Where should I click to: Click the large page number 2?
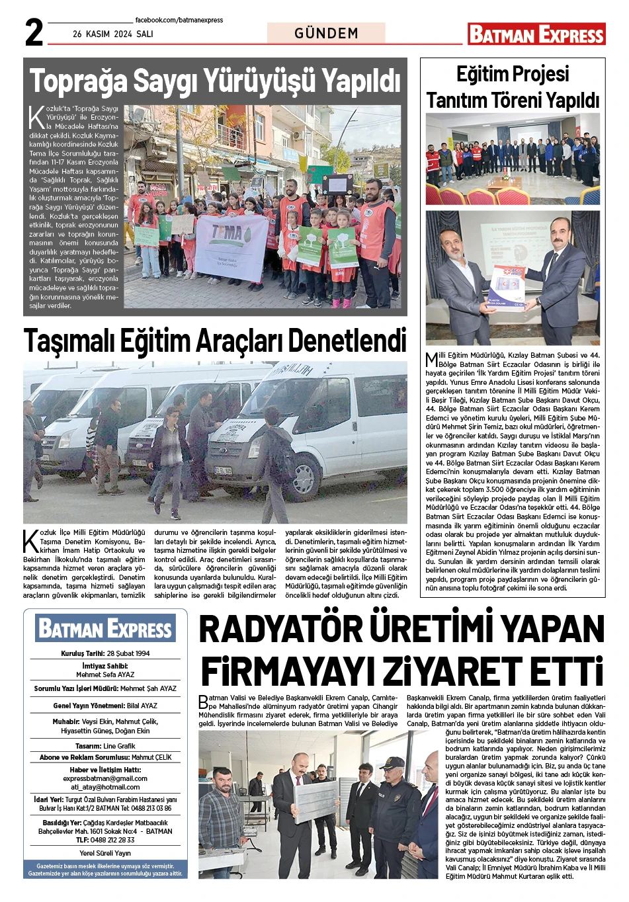click(x=34, y=32)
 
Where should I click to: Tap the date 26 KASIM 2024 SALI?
click(x=112, y=34)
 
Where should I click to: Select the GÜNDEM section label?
click(x=326, y=33)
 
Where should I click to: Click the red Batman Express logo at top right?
click(x=536, y=34)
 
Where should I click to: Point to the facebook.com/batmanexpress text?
click(x=179, y=20)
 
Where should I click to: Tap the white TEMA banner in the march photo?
click(x=231, y=247)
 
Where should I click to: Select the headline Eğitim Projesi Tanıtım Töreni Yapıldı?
click(x=513, y=87)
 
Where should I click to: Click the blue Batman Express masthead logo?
click(x=106, y=628)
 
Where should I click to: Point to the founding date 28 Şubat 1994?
click(x=128, y=653)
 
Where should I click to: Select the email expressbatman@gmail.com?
click(x=105, y=778)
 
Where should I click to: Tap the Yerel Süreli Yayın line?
click(x=105, y=853)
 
